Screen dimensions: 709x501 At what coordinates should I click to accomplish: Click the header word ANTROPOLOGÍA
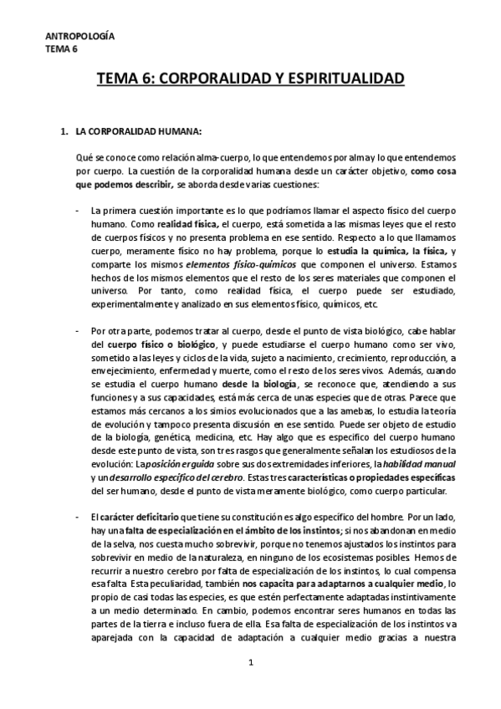80,37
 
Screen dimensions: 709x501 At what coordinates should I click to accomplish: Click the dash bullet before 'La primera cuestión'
78,212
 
